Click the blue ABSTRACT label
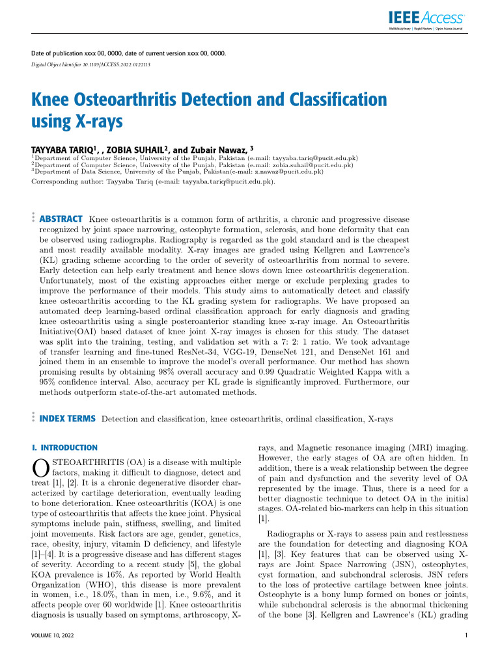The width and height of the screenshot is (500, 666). [61, 219]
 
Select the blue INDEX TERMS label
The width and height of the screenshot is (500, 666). [68, 419]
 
